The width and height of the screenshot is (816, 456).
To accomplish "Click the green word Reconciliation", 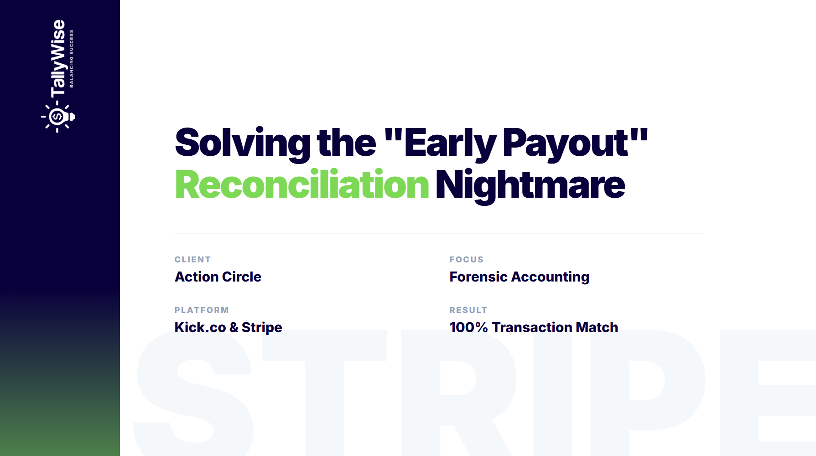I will point(301,184).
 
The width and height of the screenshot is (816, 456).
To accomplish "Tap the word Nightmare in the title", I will point(530,184).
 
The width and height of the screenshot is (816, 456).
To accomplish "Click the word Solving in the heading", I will point(242,143).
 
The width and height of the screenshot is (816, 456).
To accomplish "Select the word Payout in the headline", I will point(566,143).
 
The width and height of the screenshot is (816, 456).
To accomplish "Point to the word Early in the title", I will point(450,143).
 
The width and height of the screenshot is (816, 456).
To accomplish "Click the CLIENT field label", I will point(192,260).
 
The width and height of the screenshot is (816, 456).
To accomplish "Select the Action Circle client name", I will point(218,277).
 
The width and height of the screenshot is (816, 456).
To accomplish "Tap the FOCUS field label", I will point(466,260).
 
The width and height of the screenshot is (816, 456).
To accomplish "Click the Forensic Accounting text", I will point(519,277).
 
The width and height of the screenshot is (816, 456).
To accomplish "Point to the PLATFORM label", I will point(202,310).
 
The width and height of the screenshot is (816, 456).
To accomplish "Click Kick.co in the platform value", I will point(200,328).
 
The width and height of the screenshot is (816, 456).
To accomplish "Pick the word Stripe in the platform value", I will point(262,328).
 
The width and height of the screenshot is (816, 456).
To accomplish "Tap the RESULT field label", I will point(468,310).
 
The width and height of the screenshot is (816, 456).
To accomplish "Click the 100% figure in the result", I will point(468,328).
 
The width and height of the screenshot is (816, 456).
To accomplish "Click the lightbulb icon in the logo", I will point(58,117).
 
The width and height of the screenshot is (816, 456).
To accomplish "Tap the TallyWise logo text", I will point(58,58).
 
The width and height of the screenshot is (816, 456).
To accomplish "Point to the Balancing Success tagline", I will point(72,58).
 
